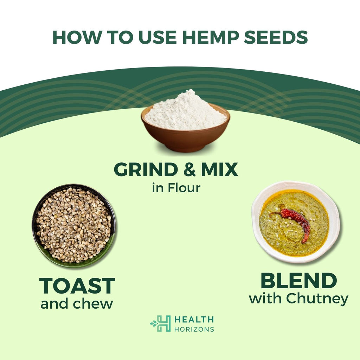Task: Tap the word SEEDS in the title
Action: pos(276,37)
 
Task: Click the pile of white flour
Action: pos(186,111)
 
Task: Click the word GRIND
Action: pos(146,169)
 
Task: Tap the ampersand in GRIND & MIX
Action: pos(189,169)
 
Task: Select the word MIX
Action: pos(219,169)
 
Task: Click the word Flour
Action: pos(184,188)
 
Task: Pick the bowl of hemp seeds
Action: pos(74,226)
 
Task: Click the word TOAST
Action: pos(77,285)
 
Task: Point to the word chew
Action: pos(93,304)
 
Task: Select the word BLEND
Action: pos(299,281)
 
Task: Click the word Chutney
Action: pos(317,299)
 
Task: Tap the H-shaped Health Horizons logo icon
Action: pos(161,323)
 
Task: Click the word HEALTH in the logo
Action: pos(194,319)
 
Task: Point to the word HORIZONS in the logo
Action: pos(194,329)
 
